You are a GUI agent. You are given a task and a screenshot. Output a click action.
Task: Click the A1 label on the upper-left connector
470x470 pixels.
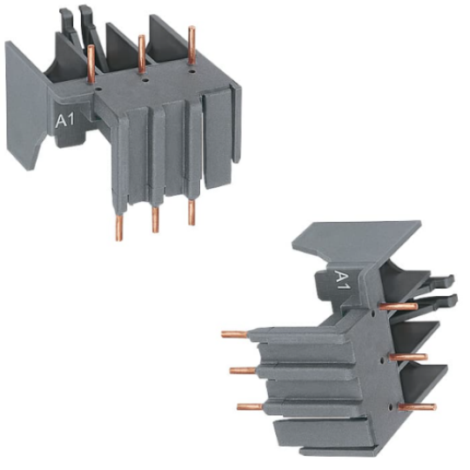[x=65, y=121]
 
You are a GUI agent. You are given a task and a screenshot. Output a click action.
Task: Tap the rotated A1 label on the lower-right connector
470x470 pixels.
[x=343, y=281]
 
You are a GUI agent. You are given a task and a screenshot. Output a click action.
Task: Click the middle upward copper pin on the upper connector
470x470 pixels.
[x=141, y=54]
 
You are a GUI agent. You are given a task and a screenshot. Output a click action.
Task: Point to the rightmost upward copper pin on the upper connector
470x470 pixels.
[x=191, y=45]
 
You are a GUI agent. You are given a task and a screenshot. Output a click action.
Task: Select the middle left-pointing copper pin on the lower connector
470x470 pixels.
[x=243, y=370]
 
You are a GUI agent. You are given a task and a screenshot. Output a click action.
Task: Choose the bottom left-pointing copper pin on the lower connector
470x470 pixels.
[x=249, y=406]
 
